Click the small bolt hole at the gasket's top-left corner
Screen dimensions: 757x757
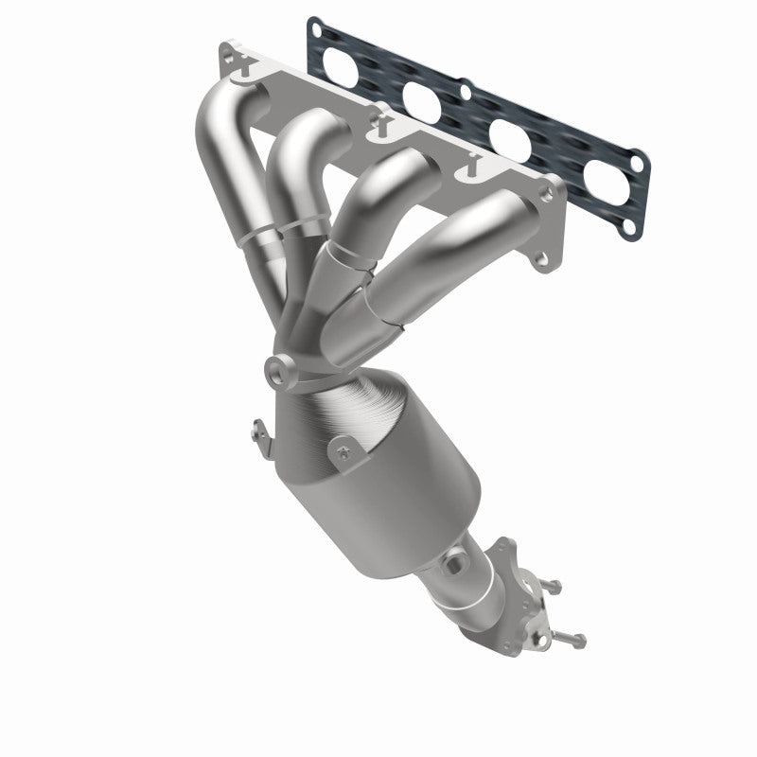(313, 28)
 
